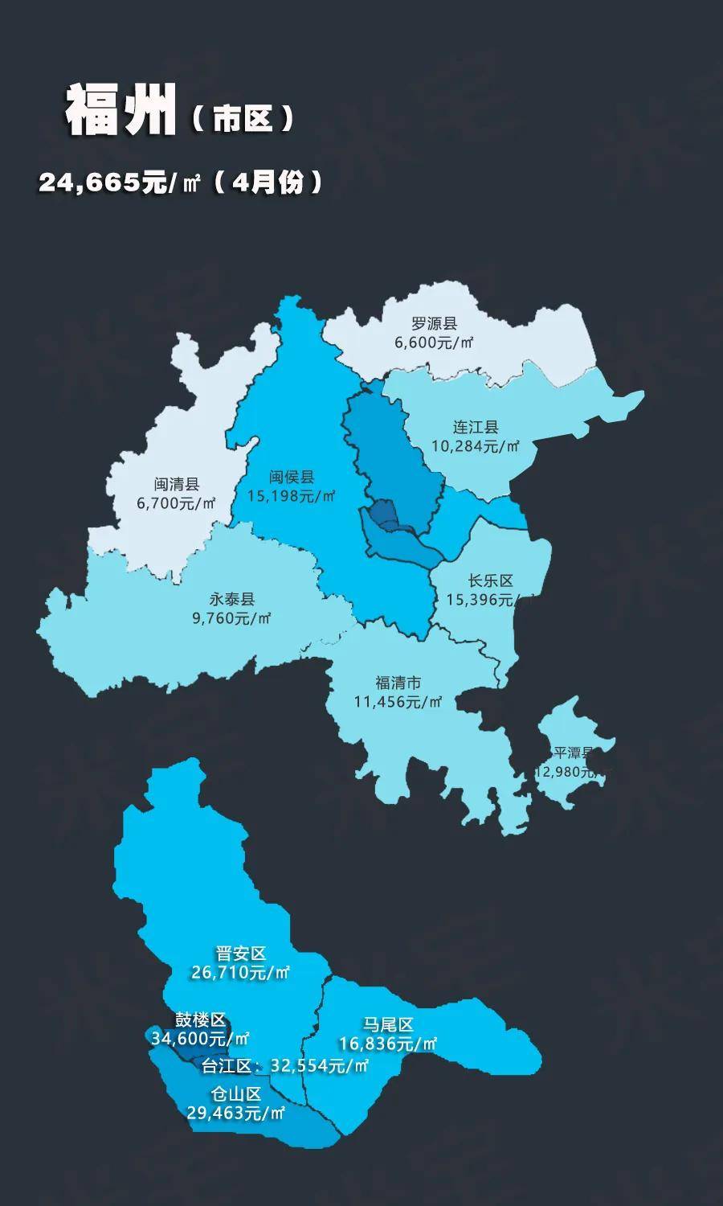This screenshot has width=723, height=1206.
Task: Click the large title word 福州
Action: (x=120, y=111)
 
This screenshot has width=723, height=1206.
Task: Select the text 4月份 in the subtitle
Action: (x=268, y=183)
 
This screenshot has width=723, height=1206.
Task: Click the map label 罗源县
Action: (x=434, y=324)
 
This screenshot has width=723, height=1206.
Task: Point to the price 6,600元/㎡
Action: (x=434, y=343)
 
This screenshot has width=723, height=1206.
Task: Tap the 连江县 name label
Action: (x=476, y=427)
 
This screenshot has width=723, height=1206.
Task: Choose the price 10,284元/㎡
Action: (x=476, y=445)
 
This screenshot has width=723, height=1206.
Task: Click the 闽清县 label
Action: (x=177, y=485)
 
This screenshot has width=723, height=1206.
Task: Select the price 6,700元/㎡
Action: (x=177, y=503)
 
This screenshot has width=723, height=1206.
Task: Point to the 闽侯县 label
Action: (x=292, y=478)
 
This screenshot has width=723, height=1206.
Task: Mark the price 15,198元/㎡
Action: (x=292, y=496)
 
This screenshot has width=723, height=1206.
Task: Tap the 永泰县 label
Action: (x=232, y=600)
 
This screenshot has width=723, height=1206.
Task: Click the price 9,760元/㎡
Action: (x=232, y=618)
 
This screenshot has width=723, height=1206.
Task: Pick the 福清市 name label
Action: (x=398, y=683)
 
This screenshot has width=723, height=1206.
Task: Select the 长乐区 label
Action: (x=490, y=581)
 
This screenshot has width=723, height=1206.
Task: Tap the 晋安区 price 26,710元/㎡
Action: (x=240, y=973)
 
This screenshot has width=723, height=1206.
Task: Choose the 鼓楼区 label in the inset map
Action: (x=200, y=1020)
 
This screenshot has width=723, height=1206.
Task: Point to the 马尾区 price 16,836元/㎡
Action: (x=388, y=1044)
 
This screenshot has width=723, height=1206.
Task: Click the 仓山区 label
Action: (x=236, y=1094)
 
